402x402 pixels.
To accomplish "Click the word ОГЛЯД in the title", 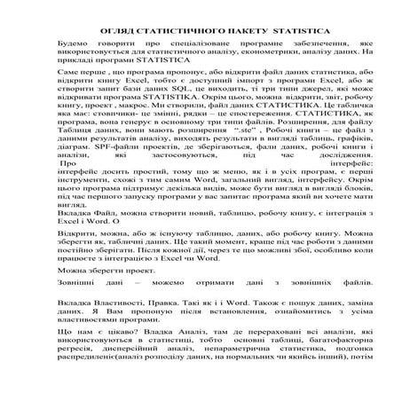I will click(111, 32).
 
